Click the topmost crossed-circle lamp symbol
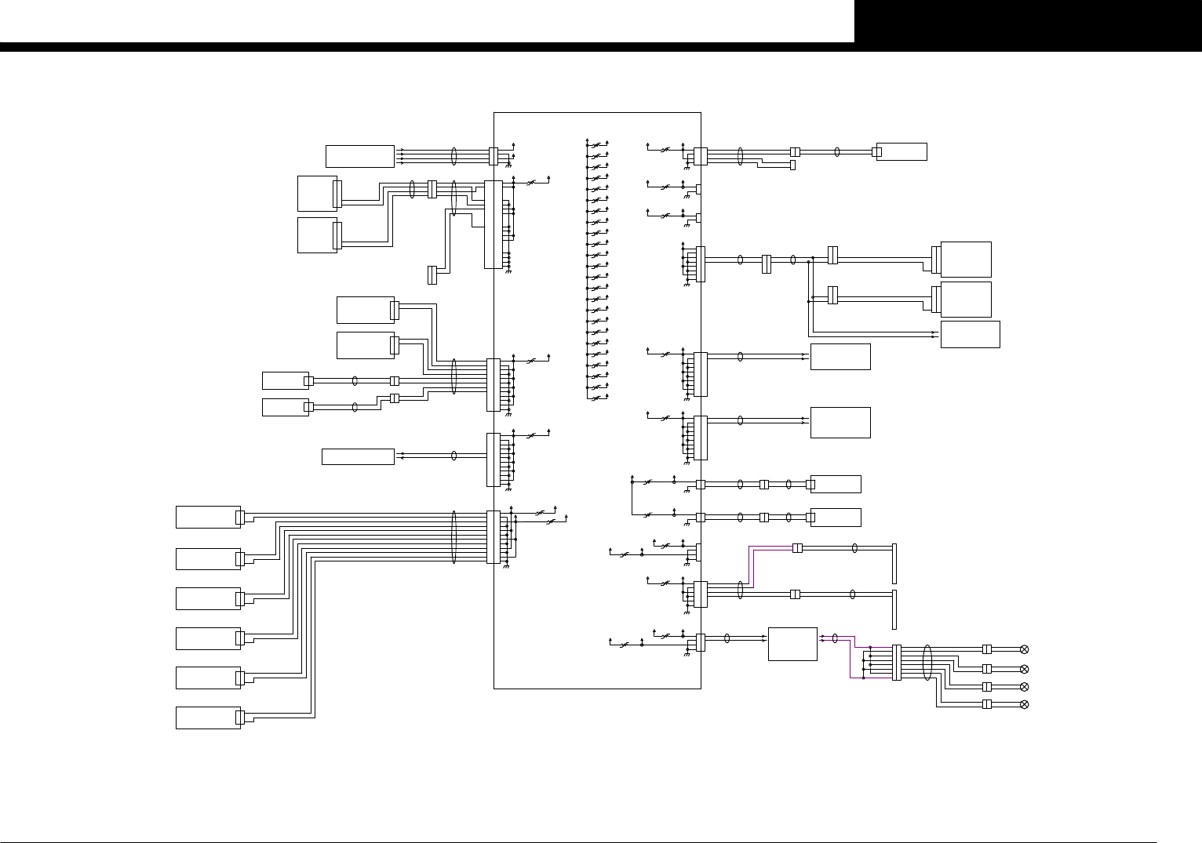[x=1023, y=649]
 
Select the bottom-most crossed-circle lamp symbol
[x=1023, y=704]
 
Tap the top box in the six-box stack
[x=208, y=518]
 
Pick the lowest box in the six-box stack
[x=208, y=718]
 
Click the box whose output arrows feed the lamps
[x=792, y=644]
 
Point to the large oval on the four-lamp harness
[x=927, y=663]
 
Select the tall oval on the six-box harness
[x=454, y=537]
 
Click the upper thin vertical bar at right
[x=894, y=563]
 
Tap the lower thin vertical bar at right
[x=894, y=609]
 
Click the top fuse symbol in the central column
[x=596, y=145]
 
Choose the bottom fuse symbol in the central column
[x=596, y=398]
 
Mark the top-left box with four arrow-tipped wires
[x=360, y=156]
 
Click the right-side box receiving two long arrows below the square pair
[x=970, y=334]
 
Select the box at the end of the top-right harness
[x=901, y=152]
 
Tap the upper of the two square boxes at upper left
[x=317, y=194]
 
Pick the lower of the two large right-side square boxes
[x=966, y=299]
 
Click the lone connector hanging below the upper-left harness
[x=432, y=274]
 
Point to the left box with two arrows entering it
[x=358, y=456]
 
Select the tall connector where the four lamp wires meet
[x=897, y=663]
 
